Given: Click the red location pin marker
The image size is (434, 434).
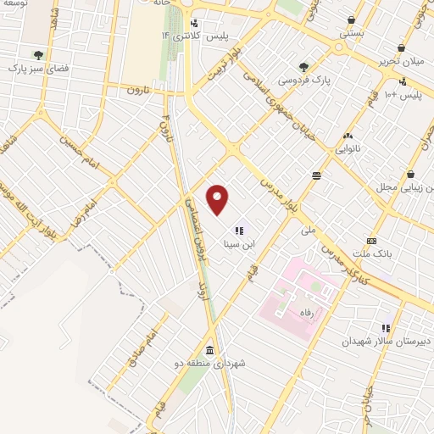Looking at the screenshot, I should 219,199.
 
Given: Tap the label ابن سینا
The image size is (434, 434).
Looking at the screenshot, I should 237,243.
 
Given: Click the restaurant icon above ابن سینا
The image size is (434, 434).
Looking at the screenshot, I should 238,230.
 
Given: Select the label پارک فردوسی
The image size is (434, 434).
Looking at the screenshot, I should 303,81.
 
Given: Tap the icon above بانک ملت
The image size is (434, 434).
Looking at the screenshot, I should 371,242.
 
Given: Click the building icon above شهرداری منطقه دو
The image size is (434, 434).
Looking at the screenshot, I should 209,350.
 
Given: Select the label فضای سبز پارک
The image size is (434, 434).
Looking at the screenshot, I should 38,68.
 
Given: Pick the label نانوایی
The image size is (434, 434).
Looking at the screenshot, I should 348,148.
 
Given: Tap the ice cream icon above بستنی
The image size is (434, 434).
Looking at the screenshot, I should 351,20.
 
